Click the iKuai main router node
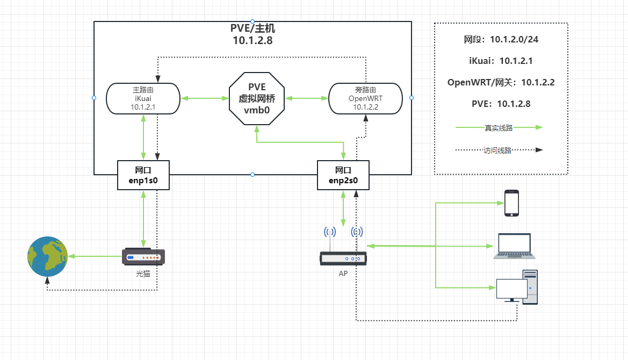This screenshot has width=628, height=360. pos(143,98)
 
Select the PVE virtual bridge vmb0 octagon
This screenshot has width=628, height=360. pos(257,98)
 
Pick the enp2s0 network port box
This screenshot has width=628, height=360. pos(343,175)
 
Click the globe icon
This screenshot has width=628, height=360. pos(48,256)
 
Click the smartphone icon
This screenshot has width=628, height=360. pos(511,203)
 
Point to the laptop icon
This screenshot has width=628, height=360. pos(515,246)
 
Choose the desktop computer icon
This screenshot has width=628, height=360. pos(517,286)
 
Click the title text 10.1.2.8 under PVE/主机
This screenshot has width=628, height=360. pos(252,40)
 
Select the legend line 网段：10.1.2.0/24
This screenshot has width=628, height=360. pos(501,39)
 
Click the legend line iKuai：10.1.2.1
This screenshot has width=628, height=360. pos(501,61)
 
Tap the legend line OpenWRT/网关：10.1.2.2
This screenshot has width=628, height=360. pos(501,82)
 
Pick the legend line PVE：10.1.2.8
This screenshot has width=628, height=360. pos(501,104)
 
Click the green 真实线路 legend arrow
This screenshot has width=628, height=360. pos(500,128)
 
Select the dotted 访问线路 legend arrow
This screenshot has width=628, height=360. pos(500,150)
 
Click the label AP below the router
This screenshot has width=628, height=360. pos(343,273)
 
